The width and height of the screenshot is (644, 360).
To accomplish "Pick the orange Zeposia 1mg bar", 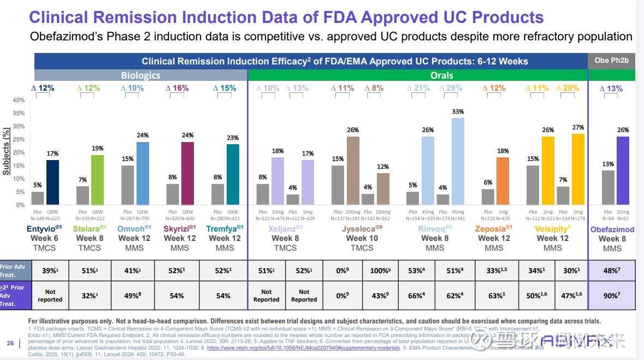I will [x=503, y=181].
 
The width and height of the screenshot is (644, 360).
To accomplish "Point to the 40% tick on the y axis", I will [x=19, y=100].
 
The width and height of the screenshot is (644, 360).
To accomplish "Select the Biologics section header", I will [x=140, y=75].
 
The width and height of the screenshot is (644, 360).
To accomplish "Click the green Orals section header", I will [x=441, y=75].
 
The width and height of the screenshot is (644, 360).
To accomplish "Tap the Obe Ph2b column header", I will [x=611, y=61].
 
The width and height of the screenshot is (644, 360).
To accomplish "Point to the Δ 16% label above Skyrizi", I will [x=176, y=88].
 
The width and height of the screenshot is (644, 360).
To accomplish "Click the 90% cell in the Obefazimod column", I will [x=611, y=296].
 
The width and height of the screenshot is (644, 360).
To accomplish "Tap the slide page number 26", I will [x=10, y=343].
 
